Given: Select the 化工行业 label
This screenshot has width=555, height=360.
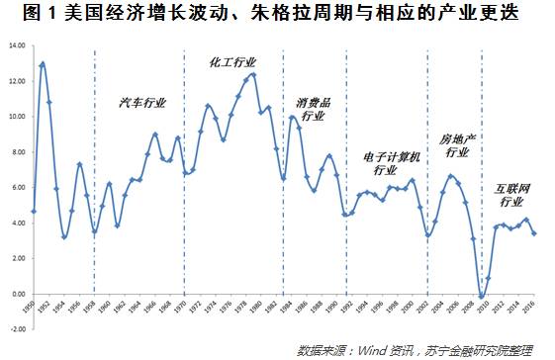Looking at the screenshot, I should tap(231, 61).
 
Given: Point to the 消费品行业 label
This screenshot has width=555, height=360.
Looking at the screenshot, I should tap(313, 109).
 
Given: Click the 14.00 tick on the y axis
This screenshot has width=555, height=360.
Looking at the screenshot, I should tap(17, 45).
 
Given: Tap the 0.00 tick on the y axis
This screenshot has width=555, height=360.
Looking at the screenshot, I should tap(19, 294).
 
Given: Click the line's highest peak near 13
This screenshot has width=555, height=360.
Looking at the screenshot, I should tap(43, 64).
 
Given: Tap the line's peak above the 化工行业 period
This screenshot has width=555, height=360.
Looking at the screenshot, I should tap(254, 74).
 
